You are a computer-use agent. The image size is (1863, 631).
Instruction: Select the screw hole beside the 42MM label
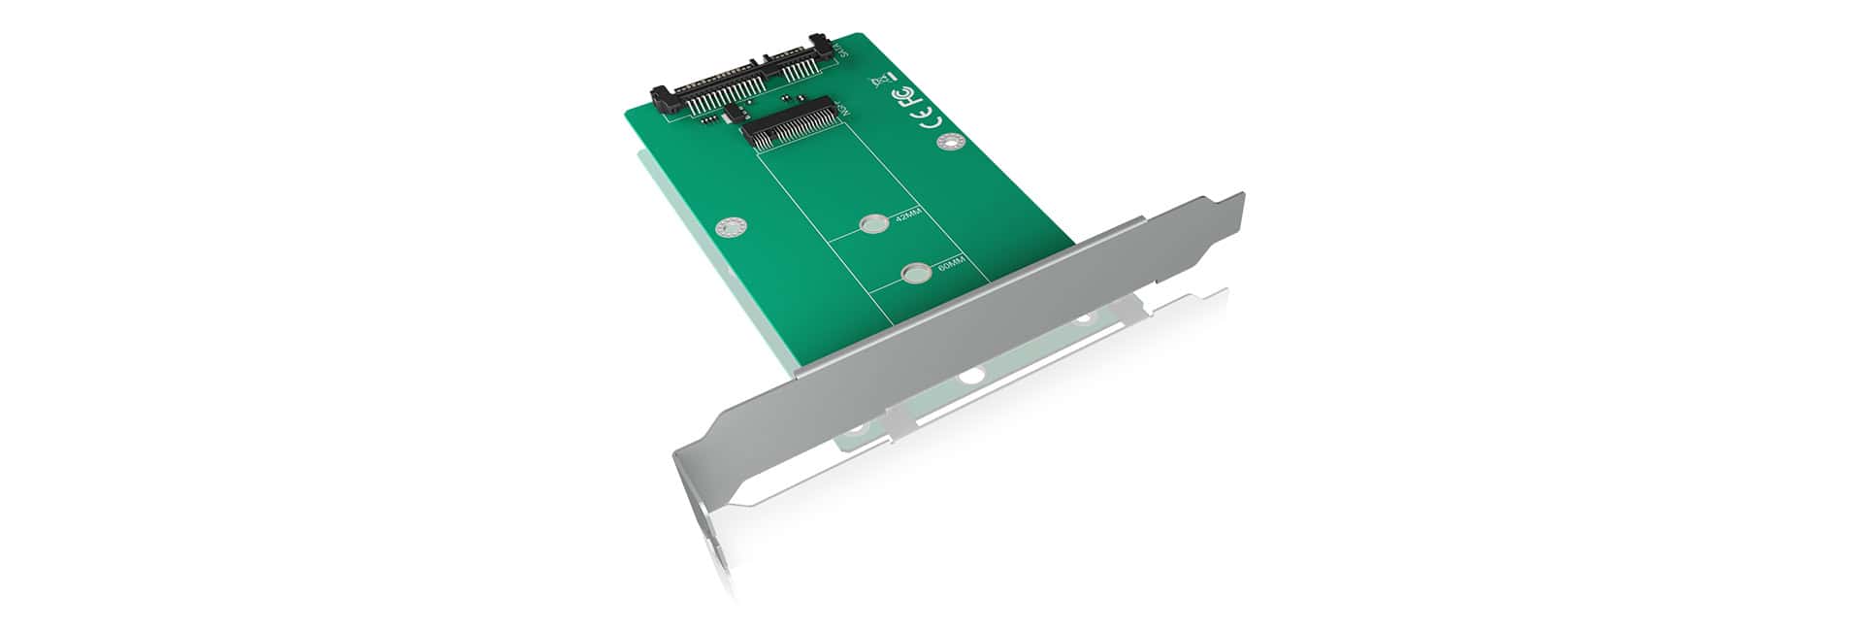click(x=872, y=225)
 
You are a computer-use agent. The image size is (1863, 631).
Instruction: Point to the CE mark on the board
click(x=929, y=119)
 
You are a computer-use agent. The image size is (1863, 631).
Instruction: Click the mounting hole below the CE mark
click(x=950, y=144)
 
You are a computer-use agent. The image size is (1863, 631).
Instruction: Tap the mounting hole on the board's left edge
click(x=729, y=229)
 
